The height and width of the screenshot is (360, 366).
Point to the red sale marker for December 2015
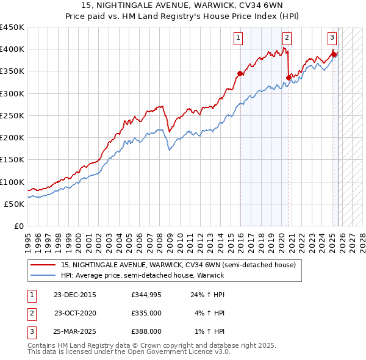240,74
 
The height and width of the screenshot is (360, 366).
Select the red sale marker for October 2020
289,77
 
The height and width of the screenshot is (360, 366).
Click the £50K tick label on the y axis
14,204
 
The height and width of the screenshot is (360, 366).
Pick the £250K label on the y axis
12,115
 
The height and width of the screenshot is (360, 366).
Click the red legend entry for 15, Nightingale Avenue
178,265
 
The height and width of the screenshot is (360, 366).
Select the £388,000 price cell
146,331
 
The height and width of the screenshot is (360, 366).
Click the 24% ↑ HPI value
207,295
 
